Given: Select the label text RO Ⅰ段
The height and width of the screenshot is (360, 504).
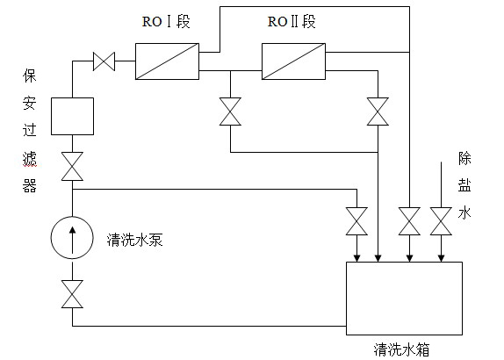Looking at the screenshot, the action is coord(166,22).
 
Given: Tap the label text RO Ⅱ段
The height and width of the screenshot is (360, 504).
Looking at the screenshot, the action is coord(292,22).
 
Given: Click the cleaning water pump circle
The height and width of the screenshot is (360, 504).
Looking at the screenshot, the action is coord(51,238).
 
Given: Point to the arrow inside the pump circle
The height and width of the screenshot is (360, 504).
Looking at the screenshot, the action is coord(73,240).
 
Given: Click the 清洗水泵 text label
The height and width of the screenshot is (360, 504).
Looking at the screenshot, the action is coord(134,240).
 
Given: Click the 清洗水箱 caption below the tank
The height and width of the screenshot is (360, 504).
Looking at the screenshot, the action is coord(401,349).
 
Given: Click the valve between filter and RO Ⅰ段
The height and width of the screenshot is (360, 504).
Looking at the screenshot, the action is coord(104,61).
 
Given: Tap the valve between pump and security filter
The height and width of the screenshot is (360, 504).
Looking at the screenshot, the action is coord(72,166).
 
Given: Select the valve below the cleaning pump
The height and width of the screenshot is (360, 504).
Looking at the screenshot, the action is coord(72,294).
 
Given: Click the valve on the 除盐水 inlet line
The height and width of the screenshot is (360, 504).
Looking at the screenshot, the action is coord(441,221).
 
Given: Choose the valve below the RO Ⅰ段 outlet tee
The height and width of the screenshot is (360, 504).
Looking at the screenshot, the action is coord(230,112).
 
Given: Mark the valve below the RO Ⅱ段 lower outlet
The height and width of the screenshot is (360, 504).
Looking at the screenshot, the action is coord(378,112).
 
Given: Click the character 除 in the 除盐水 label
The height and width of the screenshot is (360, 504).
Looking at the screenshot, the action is coord(464,158).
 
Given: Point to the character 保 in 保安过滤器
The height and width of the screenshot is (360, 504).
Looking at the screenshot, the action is coord(29,76).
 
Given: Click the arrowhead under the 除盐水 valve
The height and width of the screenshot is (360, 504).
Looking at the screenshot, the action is coord(441,258).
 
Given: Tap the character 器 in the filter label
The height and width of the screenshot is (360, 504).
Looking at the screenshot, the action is coord(29,185).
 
